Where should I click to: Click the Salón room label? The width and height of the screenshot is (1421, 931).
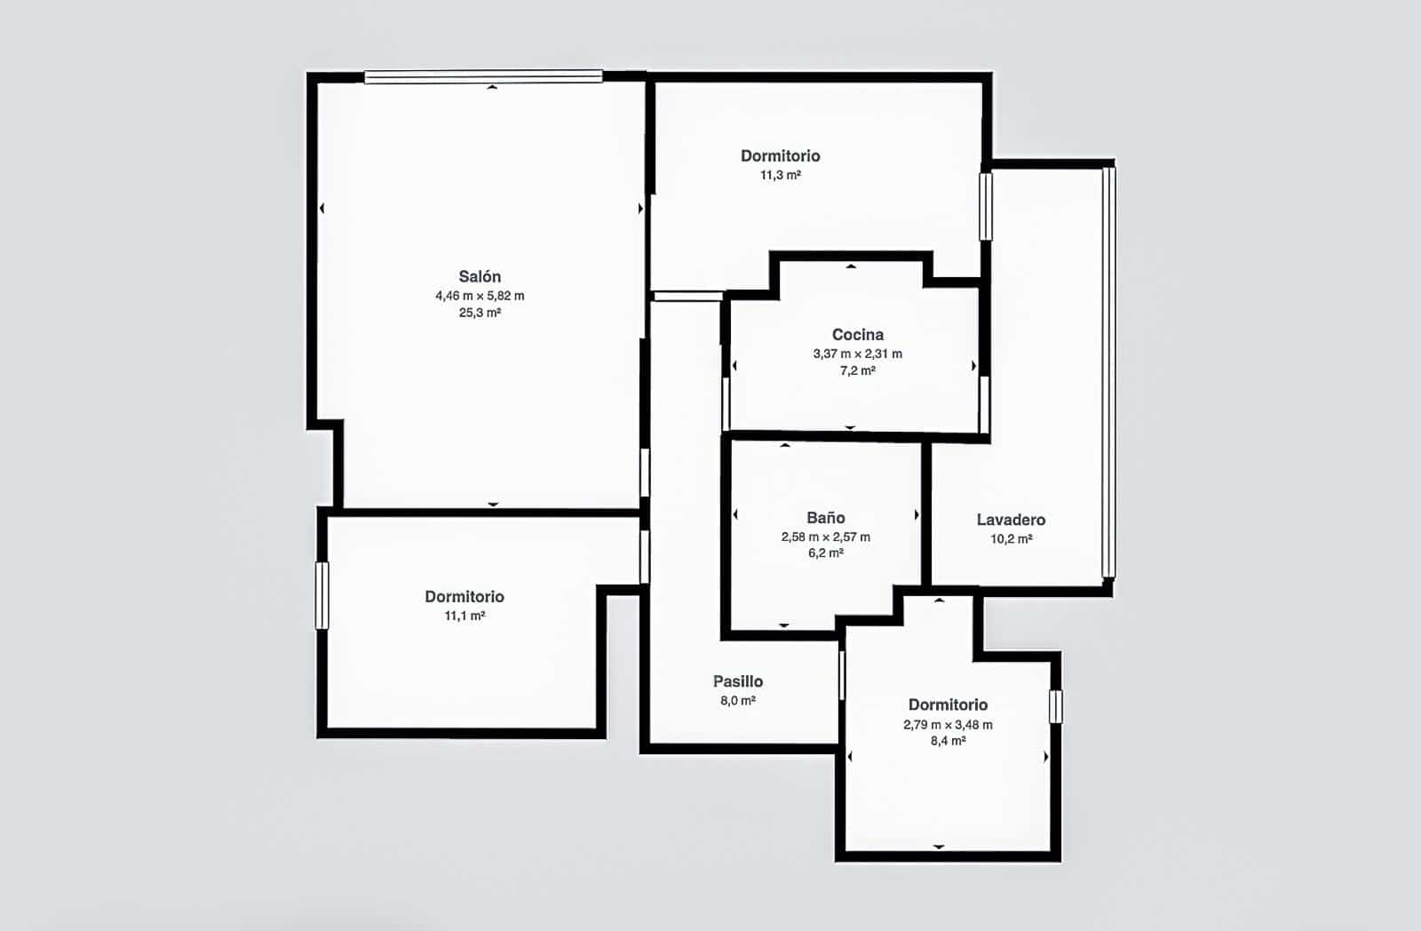(480, 276)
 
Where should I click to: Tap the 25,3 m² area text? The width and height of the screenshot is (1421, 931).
(480, 313)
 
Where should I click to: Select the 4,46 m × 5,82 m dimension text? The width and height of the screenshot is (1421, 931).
(480, 296)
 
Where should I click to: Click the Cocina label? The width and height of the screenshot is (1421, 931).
(857, 335)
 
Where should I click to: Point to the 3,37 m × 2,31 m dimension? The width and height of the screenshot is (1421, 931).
(857, 354)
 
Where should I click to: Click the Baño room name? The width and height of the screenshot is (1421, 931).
(825, 518)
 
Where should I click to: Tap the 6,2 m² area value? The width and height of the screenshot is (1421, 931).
(825, 553)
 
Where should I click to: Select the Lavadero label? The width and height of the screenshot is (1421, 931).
(1011, 520)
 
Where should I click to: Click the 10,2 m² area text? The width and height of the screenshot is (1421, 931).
(1011, 538)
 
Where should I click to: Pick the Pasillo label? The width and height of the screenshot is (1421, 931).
(737, 681)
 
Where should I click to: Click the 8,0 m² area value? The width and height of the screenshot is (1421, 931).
(737, 700)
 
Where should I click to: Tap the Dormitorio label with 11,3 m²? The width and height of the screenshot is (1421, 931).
(780, 156)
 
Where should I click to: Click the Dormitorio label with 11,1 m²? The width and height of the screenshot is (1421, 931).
(464, 597)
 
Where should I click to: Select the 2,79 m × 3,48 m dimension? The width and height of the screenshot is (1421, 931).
(948, 725)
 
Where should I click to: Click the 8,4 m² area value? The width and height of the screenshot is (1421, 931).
(948, 741)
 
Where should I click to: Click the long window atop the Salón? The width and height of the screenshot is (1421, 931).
(483, 77)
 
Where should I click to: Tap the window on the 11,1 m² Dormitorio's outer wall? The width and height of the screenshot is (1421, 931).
(322, 595)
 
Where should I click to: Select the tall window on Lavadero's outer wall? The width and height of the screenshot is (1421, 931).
(1107, 372)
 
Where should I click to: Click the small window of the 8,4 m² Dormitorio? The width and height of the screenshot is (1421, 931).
(1055, 706)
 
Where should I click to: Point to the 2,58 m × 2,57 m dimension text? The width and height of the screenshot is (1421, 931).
(825, 537)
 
